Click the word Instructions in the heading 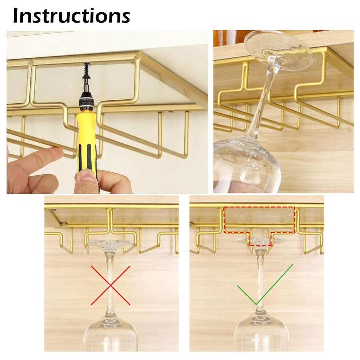[x=72, y=16]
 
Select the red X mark [x=111, y=285]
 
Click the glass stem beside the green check [x=260, y=283]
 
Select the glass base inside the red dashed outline [x=259, y=241]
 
